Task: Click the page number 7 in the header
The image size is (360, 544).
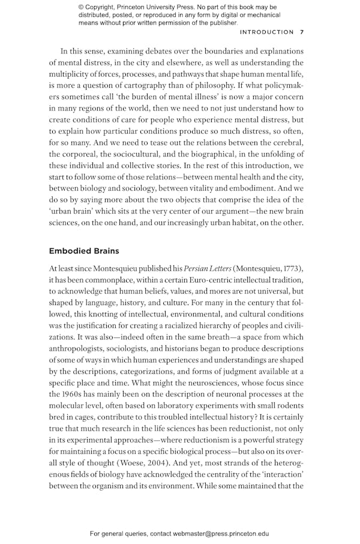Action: (302, 32)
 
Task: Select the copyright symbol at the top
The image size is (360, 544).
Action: (82, 7)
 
